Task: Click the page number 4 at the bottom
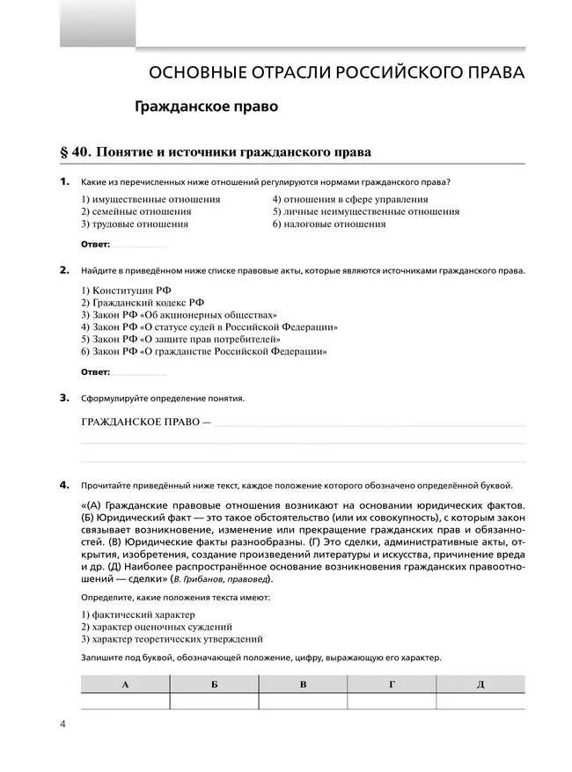[x=63, y=724]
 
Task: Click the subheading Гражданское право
[x=206, y=107]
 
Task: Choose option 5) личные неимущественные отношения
[x=365, y=211]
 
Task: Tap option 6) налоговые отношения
[x=328, y=224]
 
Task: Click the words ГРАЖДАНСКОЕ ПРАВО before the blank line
[x=141, y=422]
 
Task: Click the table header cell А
[x=125, y=684]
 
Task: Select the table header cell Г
[x=392, y=684]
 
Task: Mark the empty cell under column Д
[x=480, y=702]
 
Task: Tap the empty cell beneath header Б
[x=214, y=702]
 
